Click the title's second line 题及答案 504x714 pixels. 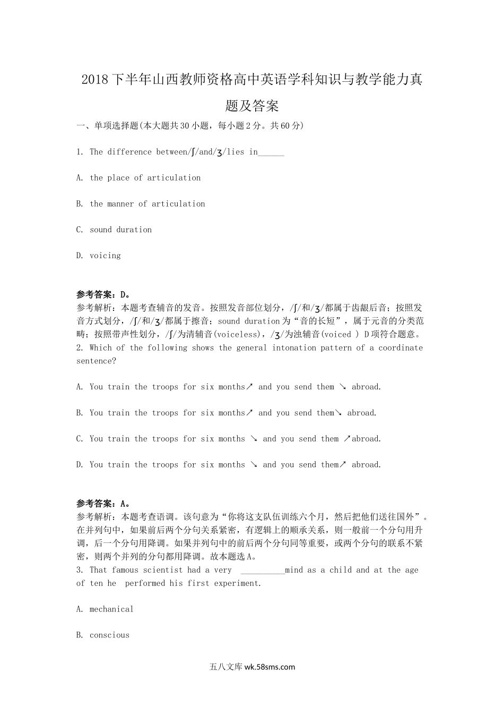point(252,106)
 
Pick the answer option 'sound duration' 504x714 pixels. point(120,230)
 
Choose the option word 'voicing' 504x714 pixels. point(105,256)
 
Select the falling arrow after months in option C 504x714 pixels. point(254,439)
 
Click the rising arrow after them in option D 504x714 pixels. point(343,465)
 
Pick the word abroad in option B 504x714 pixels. point(362,413)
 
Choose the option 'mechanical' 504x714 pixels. point(111,609)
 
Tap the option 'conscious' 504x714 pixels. point(109,635)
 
